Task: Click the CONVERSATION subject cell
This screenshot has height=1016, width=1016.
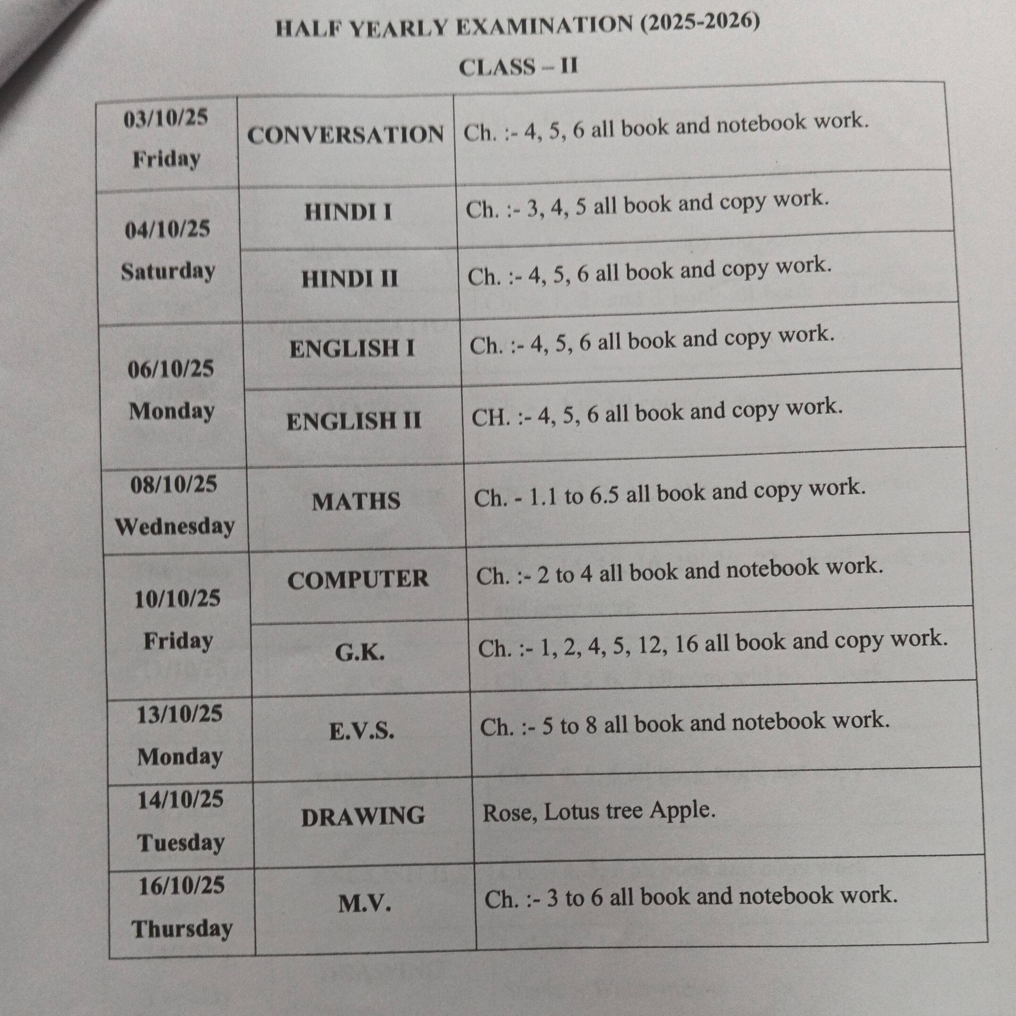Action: pyautogui.click(x=345, y=135)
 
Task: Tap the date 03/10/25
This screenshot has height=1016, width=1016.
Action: pyautogui.click(x=166, y=118)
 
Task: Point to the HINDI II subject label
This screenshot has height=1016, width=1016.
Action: pyautogui.click(x=350, y=279)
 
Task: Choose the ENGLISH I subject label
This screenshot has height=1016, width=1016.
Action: pyautogui.click(x=352, y=348)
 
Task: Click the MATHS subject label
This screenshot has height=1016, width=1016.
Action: pyautogui.click(x=356, y=501)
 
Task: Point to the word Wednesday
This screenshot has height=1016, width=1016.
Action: pyautogui.click(x=174, y=526)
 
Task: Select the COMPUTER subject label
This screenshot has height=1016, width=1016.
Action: pyautogui.click(x=358, y=579)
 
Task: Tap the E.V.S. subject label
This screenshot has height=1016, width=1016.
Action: pyautogui.click(x=362, y=731)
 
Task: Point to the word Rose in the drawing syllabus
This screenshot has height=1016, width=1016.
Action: pyautogui.click(x=510, y=813)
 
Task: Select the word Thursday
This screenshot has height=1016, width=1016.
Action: pyautogui.click(x=182, y=928)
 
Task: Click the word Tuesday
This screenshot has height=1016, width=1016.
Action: pyautogui.click(x=181, y=843)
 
